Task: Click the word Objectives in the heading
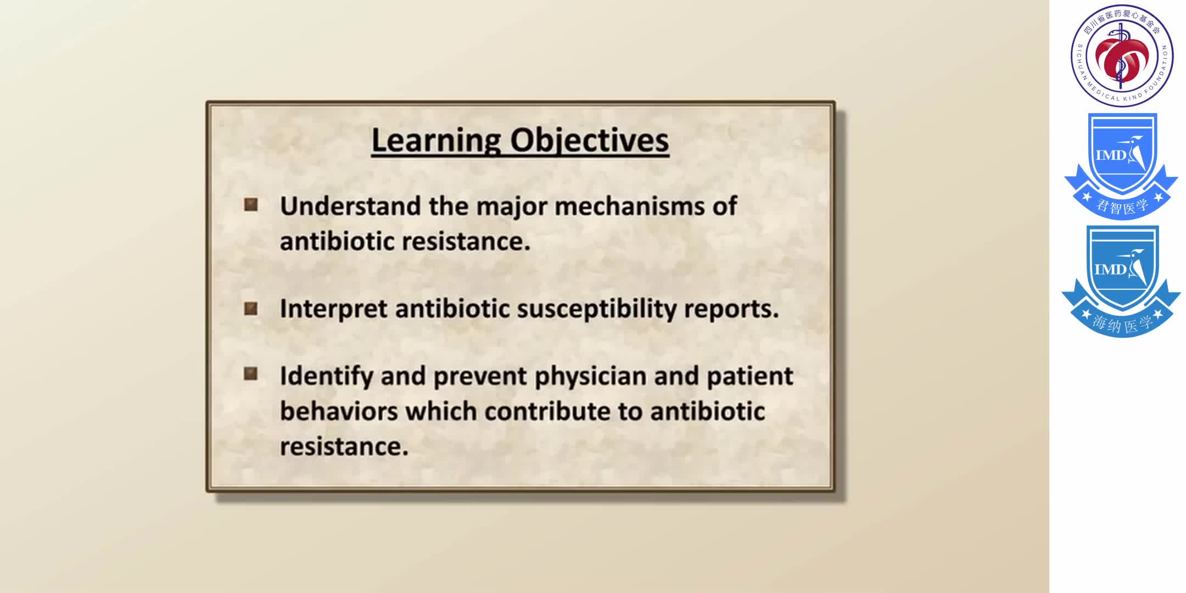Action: click(x=590, y=141)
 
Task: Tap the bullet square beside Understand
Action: click(x=251, y=205)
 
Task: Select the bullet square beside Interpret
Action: click(x=251, y=309)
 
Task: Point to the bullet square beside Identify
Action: click(x=251, y=374)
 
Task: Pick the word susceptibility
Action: click(x=597, y=309)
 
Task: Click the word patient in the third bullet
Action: click(x=749, y=376)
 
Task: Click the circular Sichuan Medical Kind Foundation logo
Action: click(x=1122, y=55)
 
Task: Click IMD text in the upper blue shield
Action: click(x=1110, y=155)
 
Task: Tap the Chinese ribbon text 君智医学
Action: click(x=1122, y=206)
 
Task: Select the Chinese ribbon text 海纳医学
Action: click(x=1122, y=324)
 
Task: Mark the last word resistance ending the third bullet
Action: click(x=343, y=446)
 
